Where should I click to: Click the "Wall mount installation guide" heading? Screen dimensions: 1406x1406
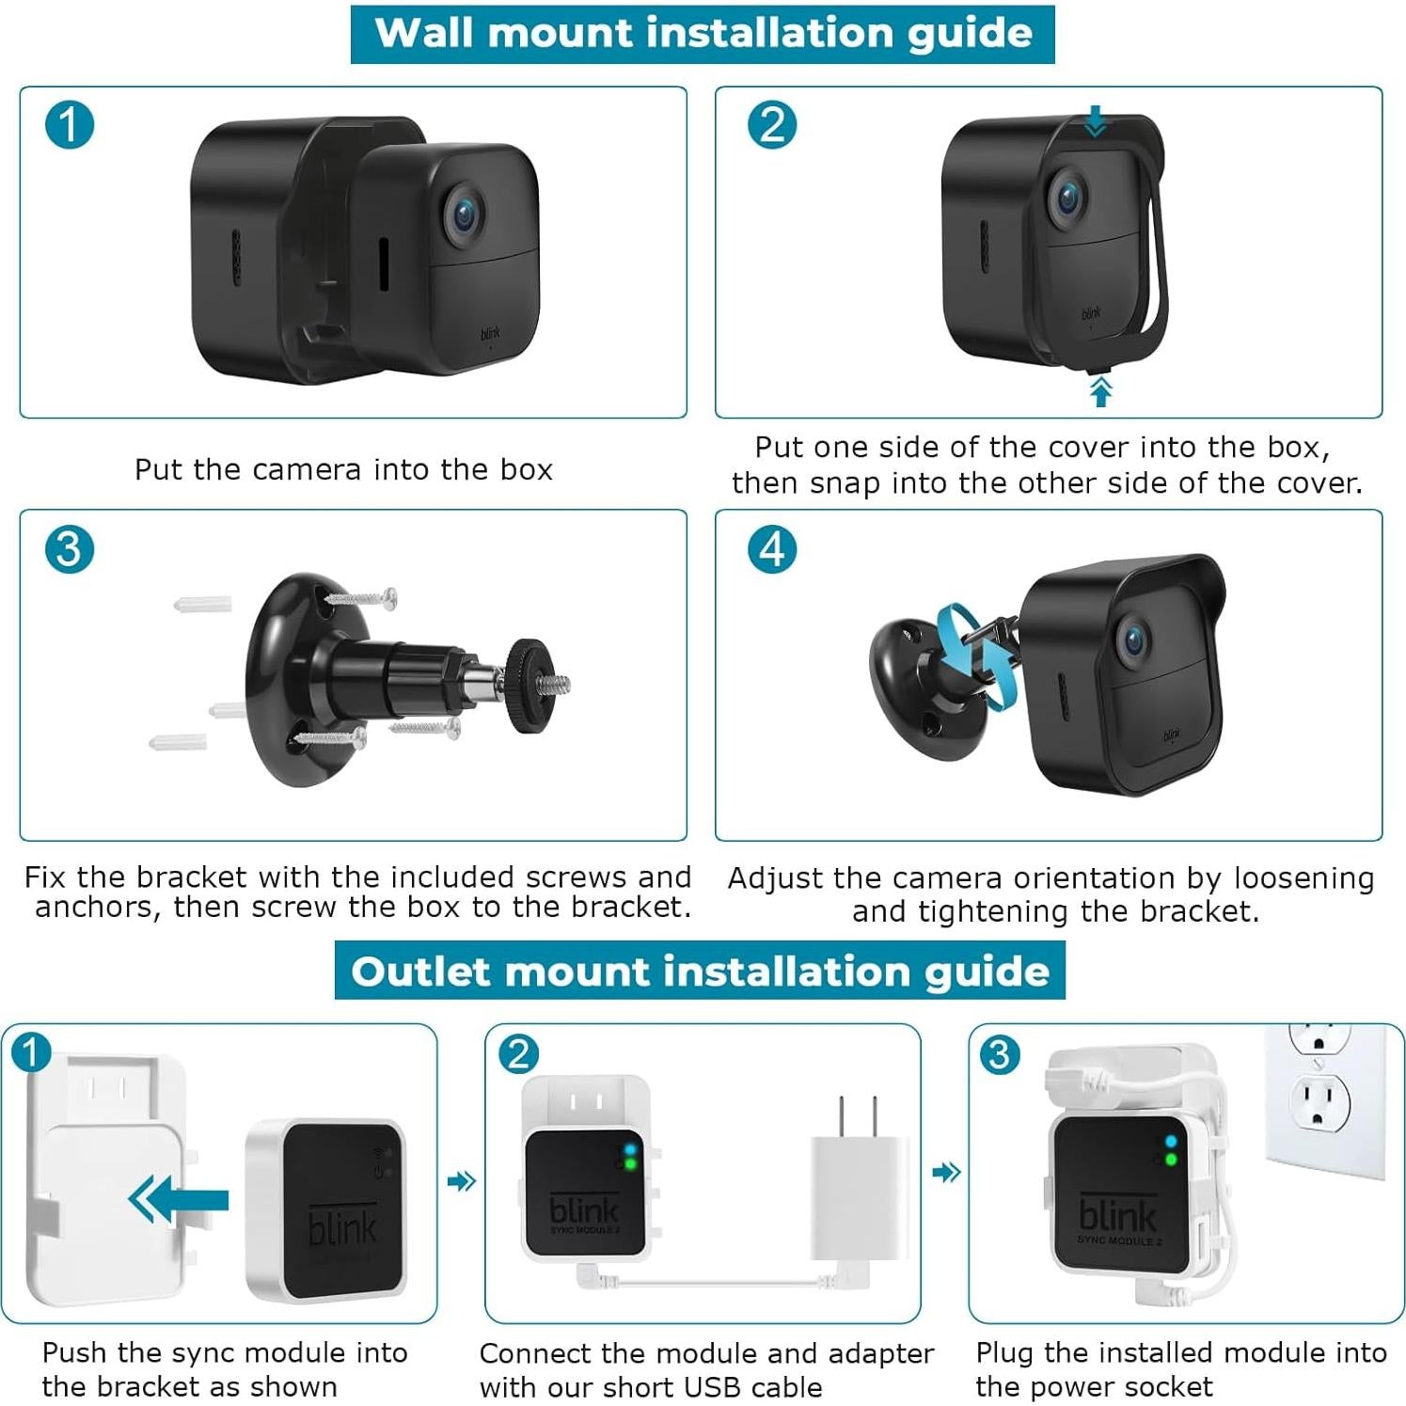point(703,34)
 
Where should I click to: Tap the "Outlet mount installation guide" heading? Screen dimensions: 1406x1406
point(700,972)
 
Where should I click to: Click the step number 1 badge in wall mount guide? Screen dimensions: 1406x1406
point(70,125)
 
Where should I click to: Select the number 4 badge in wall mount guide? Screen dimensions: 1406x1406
point(772,549)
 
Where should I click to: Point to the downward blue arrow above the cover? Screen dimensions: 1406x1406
point(1095,121)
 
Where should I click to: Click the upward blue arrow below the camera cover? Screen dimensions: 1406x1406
point(1100,390)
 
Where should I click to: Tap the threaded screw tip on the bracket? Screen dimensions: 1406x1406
point(560,684)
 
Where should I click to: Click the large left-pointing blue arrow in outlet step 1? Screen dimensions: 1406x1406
point(179,1199)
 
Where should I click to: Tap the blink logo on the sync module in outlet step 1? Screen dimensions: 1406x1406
point(342,1226)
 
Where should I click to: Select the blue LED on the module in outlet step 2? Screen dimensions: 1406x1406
point(629,1149)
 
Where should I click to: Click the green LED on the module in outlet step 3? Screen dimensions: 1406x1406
point(1170,1161)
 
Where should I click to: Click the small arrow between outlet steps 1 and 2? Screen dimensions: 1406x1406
point(461,1180)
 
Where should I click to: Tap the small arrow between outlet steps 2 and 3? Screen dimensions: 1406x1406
point(945,1172)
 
